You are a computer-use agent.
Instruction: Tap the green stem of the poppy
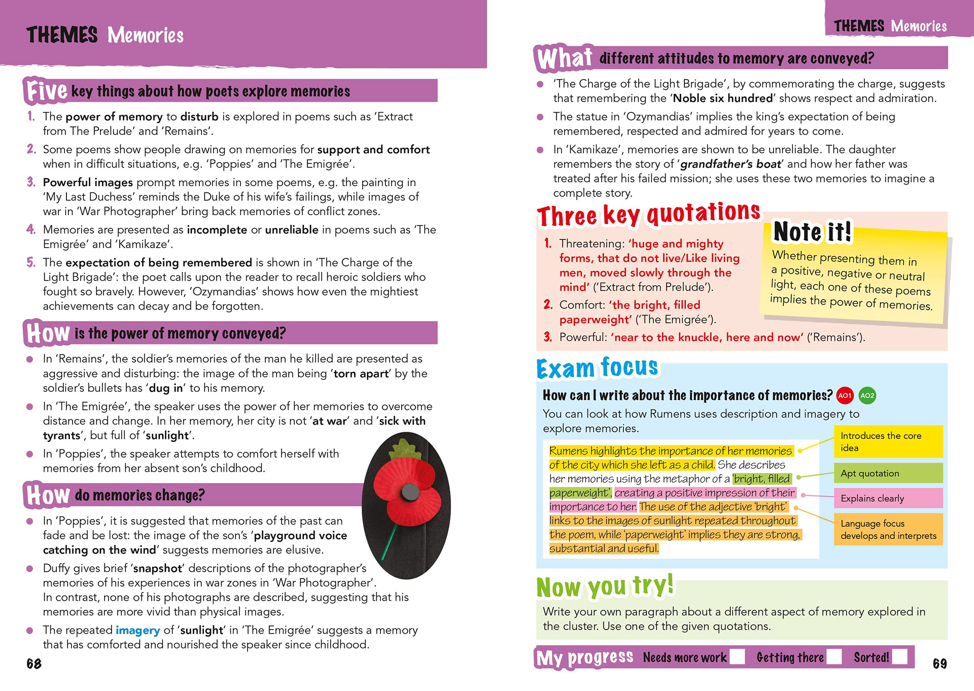(390, 540)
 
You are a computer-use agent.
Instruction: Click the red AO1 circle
(845, 396)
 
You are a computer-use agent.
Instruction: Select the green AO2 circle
(867, 396)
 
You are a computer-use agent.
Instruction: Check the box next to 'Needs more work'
(737, 657)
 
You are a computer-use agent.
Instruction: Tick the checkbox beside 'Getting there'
(834, 657)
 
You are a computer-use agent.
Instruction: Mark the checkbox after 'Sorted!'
(900, 657)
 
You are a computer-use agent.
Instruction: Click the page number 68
(34, 664)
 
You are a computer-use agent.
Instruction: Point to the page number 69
(940, 664)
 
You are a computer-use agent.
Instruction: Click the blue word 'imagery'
(137, 630)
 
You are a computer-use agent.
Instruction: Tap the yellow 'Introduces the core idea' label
(888, 442)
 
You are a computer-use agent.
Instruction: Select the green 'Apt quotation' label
(888, 473)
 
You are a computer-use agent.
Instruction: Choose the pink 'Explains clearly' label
(888, 498)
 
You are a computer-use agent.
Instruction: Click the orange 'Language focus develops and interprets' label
(888, 530)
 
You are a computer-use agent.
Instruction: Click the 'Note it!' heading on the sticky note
(812, 232)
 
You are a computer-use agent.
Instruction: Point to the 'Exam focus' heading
(597, 368)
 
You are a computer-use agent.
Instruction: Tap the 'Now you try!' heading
(605, 587)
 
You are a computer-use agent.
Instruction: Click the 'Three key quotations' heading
(648, 215)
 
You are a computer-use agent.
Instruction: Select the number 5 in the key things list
(31, 262)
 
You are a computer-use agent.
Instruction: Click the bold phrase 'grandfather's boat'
(730, 164)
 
